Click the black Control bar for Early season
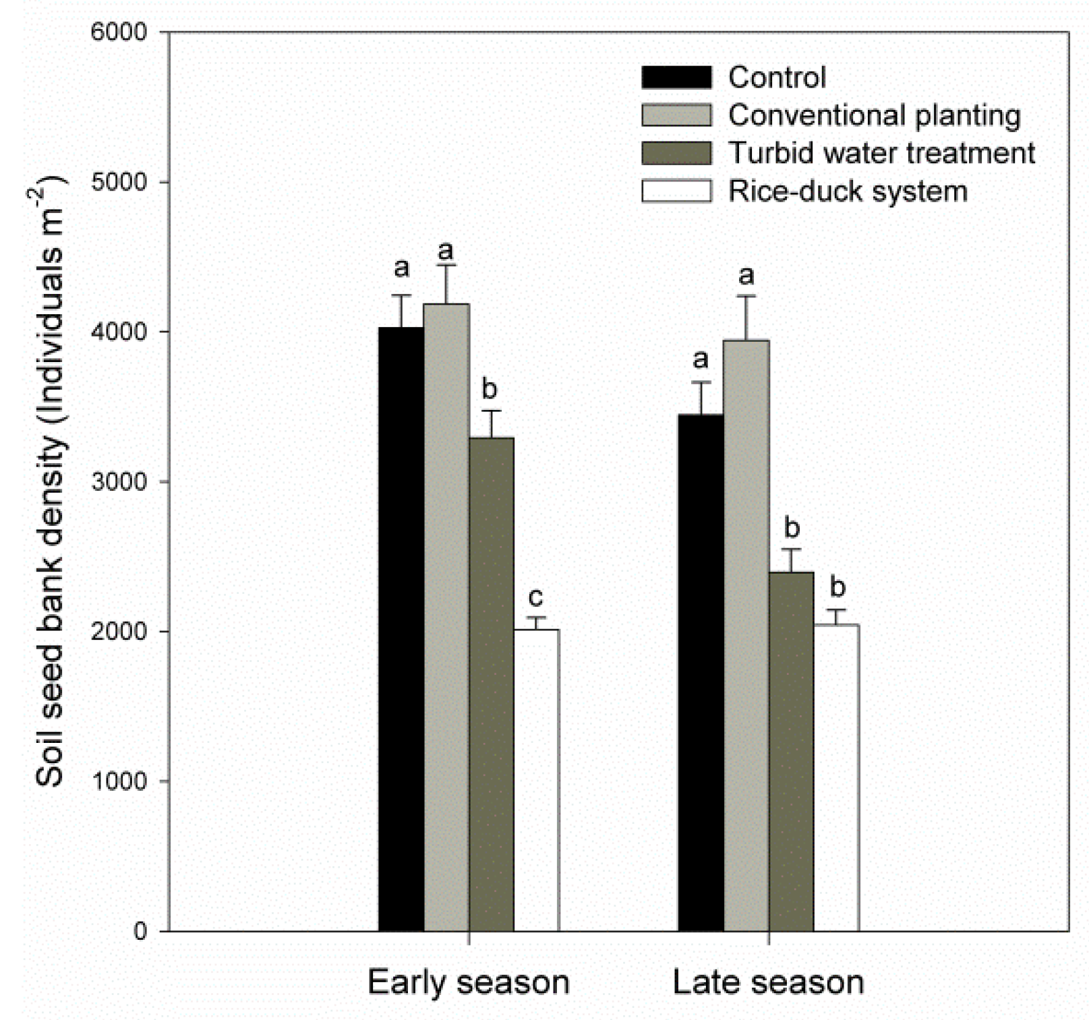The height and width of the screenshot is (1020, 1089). tap(401, 627)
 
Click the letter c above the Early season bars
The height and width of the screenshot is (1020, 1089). tap(535, 597)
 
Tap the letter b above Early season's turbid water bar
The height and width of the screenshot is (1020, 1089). tap(490, 389)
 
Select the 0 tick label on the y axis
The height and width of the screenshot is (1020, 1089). tap(140, 931)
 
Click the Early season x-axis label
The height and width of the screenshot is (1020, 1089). tap(468, 982)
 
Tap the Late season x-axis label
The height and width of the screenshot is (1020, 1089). tap(768, 982)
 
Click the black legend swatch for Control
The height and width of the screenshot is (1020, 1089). tap(676, 78)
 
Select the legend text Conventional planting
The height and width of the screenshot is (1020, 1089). tap(874, 115)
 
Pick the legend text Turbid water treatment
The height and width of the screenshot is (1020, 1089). tap(881, 153)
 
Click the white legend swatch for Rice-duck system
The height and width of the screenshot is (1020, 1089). tap(676, 191)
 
